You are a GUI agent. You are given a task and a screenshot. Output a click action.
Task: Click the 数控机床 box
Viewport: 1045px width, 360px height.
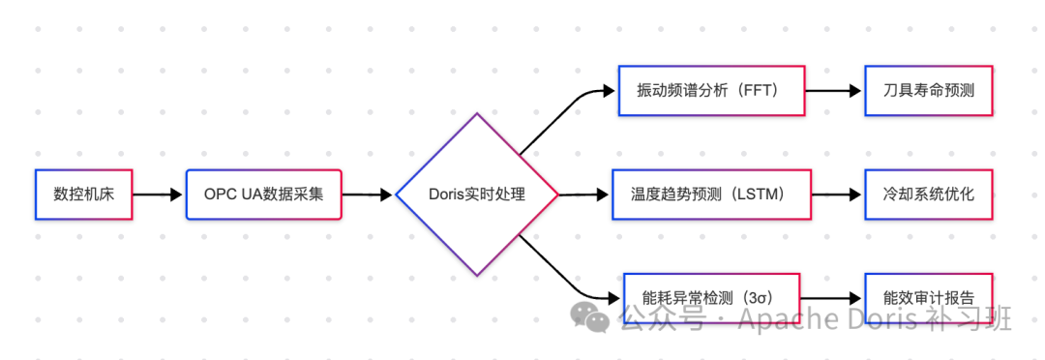coord(83,195)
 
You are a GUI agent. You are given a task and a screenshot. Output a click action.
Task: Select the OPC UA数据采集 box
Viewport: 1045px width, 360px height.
coord(263,195)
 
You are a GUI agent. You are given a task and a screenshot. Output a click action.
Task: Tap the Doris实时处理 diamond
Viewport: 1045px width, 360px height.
coord(476,195)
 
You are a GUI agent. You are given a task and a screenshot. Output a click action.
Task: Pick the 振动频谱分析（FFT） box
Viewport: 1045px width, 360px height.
coord(711,91)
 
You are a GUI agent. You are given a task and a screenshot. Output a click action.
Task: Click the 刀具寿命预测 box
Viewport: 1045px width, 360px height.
coord(928,91)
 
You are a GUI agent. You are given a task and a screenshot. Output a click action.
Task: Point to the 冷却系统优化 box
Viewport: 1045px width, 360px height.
coord(928,195)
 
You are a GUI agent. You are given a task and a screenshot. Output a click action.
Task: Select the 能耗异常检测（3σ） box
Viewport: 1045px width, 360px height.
coord(711,297)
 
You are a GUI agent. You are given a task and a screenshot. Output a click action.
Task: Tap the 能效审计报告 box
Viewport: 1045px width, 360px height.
coord(928,298)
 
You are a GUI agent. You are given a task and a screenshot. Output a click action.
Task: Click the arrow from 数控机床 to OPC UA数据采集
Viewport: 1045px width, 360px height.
coord(158,195)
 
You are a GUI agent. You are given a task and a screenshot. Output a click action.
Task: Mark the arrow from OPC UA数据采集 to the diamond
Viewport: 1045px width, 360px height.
coord(368,195)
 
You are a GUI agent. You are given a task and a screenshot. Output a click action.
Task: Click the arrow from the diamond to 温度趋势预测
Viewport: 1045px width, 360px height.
coord(583,195)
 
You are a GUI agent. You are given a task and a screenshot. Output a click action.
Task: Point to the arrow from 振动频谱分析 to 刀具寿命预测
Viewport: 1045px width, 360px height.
coord(833,91)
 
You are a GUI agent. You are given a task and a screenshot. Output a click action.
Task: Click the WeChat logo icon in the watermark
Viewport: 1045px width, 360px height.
coord(589,315)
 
